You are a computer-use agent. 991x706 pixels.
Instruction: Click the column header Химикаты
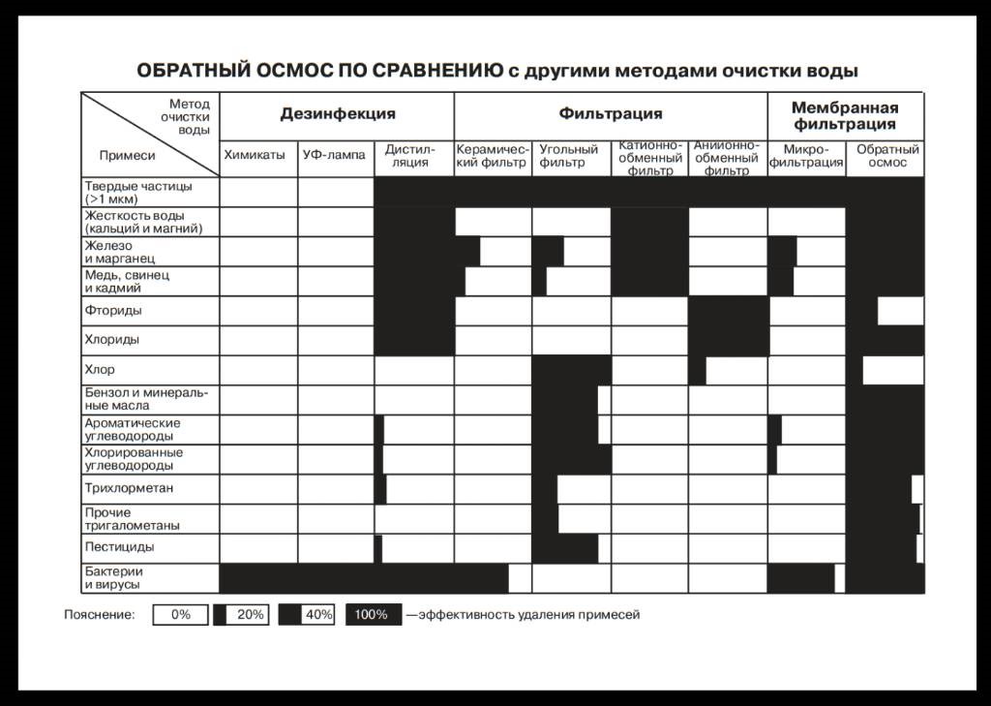[x=255, y=155]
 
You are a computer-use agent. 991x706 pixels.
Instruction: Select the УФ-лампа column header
[x=334, y=155]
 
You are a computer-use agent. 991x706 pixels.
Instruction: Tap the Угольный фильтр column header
[x=569, y=156]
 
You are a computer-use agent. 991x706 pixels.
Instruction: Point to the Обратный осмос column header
[x=886, y=156]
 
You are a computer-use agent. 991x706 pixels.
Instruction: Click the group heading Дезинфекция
[x=338, y=114]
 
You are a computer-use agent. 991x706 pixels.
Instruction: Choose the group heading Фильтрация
[x=611, y=114]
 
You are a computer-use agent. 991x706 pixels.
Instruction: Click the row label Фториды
[x=113, y=311]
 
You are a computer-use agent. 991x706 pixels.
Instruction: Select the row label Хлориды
[x=111, y=340]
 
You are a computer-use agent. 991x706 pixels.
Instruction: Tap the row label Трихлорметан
[x=129, y=488]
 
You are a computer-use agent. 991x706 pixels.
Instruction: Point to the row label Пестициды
[x=119, y=547]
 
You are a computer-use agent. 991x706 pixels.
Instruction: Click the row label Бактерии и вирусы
[x=113, y=578]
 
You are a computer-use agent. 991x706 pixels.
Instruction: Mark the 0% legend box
[x=181, y=614]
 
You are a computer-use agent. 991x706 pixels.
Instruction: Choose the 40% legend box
[x=306, y=614]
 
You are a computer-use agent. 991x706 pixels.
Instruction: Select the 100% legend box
[x=373, y=614]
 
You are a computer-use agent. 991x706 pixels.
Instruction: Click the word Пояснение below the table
[x=100, y=614]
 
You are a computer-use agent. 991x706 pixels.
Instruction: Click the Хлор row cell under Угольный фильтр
[x=571, y=370]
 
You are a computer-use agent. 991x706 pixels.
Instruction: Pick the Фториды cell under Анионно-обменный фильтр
[x=728, y=311]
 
